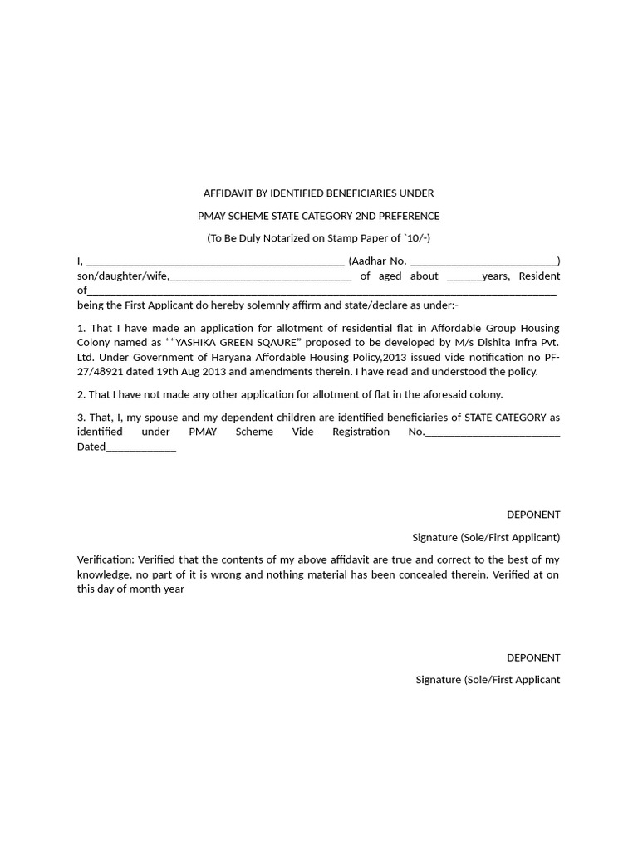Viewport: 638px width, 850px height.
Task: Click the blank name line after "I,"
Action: tap(215, 261)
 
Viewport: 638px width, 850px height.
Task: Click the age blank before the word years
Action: tap(464, 277)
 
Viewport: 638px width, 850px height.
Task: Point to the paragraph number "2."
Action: tap(81, 395)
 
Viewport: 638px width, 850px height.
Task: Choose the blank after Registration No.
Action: tap(493, 432)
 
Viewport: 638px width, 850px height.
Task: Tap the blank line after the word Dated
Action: tap(141, 447)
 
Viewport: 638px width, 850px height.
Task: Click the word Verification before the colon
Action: tap(105, 559)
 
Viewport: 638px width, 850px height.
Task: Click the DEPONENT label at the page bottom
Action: tap(533, 657)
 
